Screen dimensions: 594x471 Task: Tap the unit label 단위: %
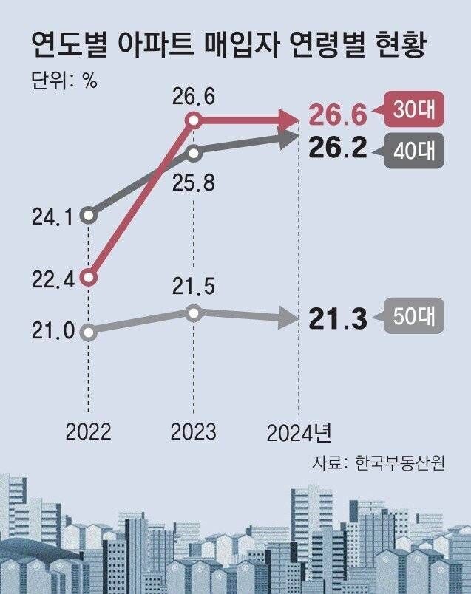point(65,81)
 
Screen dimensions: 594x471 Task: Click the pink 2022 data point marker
point(89,278)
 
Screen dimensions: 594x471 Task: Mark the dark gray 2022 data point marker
point(89,216)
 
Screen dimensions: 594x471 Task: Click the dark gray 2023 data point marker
point(194,153)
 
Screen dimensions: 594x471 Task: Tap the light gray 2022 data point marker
point(89,332)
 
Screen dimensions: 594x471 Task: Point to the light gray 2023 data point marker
point(194,313)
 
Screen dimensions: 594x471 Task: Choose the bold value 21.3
point(338,320)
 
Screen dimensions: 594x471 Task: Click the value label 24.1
point(52,216)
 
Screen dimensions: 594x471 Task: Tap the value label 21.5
point(194,286)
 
